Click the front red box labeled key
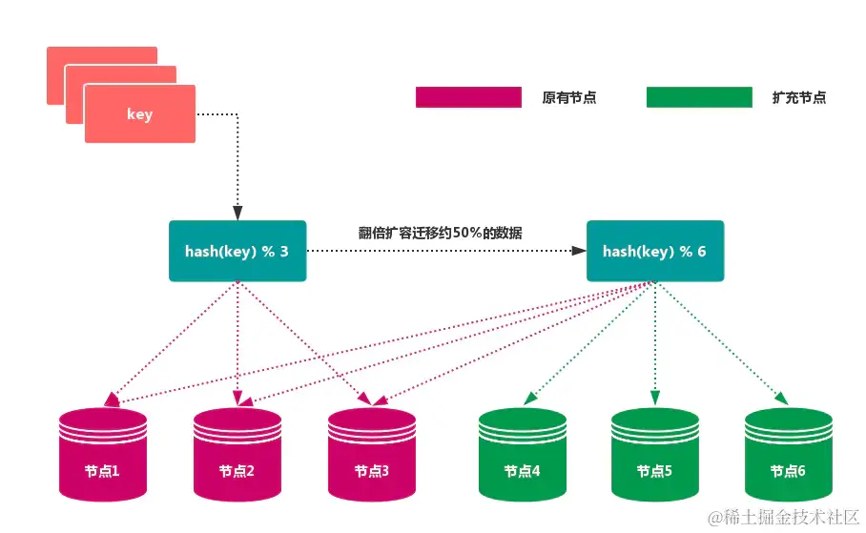click(139, 114)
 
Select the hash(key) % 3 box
click(237, 251)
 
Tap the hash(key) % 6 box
click(654, 251)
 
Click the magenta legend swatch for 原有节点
click(468, 96)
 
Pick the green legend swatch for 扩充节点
click(699, 96)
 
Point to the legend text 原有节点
click(568, 97)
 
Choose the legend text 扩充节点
click(799, 97)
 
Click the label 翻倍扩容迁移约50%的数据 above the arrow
click(440, 232)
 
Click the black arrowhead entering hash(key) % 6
click(579, 251)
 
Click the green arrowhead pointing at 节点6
click(781, 397)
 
